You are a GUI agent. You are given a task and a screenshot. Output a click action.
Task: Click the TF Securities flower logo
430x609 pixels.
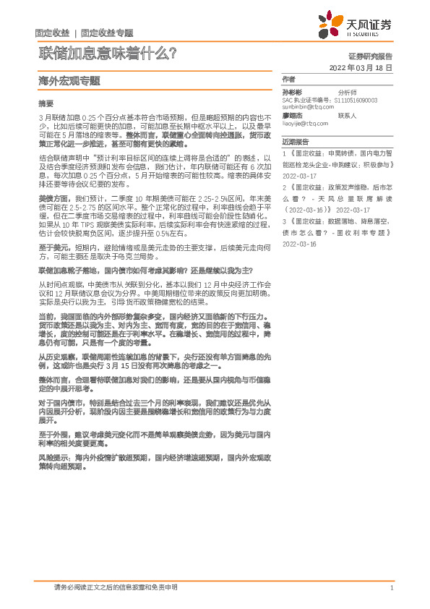click(330, 25)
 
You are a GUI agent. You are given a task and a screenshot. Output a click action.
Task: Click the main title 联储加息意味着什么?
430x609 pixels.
click(108, 53)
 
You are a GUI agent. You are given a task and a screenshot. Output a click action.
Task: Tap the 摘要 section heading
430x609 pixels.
click(46, 103)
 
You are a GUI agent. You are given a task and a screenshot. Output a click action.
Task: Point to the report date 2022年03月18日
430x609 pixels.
click(360, 67)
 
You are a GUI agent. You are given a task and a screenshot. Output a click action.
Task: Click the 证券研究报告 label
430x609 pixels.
click(370, 56)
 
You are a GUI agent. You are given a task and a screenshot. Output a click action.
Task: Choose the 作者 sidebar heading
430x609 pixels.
click(288, 79)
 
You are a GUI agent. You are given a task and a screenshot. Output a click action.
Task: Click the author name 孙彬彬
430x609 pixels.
click(292, 93)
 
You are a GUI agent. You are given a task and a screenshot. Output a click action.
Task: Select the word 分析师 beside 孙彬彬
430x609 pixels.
click(348, 93)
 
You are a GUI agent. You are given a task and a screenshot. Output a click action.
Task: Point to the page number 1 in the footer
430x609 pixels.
click(391, 588)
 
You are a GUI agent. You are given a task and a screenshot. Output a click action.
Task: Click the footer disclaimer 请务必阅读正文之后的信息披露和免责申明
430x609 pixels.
click(116, 588)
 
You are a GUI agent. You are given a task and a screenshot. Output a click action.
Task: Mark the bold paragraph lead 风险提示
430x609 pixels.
click(52, 458)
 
